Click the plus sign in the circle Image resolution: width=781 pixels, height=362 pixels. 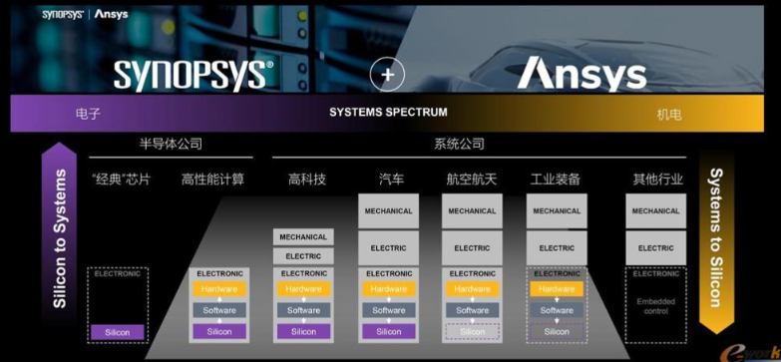click(388, 74)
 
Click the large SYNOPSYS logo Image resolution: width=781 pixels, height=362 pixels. click(193, 74)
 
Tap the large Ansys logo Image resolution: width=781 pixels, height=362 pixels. click(582, 73)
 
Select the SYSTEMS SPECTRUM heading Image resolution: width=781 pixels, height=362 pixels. click(388, 112)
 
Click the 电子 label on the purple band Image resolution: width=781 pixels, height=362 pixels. click(88, 114)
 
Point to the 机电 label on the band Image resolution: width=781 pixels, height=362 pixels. click(669, 115)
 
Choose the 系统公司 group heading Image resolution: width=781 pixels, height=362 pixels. click(459, 144)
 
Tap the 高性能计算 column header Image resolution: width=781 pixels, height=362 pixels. click(213, 180)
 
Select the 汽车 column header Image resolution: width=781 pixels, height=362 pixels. click(391, 180)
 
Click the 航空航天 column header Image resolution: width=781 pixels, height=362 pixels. click(472, 180)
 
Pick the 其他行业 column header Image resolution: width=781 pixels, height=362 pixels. click(655, 180)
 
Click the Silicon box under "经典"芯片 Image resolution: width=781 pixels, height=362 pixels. click(118, 332)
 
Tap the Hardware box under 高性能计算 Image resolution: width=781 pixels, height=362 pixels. click(219, 289)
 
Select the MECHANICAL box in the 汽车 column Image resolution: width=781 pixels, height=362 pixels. click(388, 211)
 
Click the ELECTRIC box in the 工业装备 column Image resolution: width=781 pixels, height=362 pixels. click(557, 248)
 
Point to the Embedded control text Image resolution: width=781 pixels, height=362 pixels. click(655, 304)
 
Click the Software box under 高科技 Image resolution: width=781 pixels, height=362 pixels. click(303, 310)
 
